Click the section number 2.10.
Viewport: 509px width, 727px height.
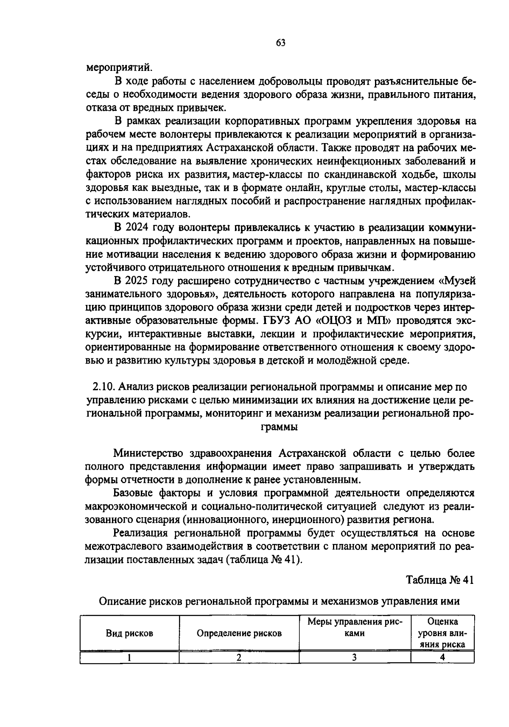103,387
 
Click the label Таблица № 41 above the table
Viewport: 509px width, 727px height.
439,580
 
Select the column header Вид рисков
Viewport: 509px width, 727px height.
129,633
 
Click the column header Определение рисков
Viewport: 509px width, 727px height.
239,633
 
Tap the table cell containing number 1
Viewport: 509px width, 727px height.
129,658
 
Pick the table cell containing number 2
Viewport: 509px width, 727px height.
239,658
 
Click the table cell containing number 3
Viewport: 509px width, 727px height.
355,658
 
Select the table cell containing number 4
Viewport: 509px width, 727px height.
442,658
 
